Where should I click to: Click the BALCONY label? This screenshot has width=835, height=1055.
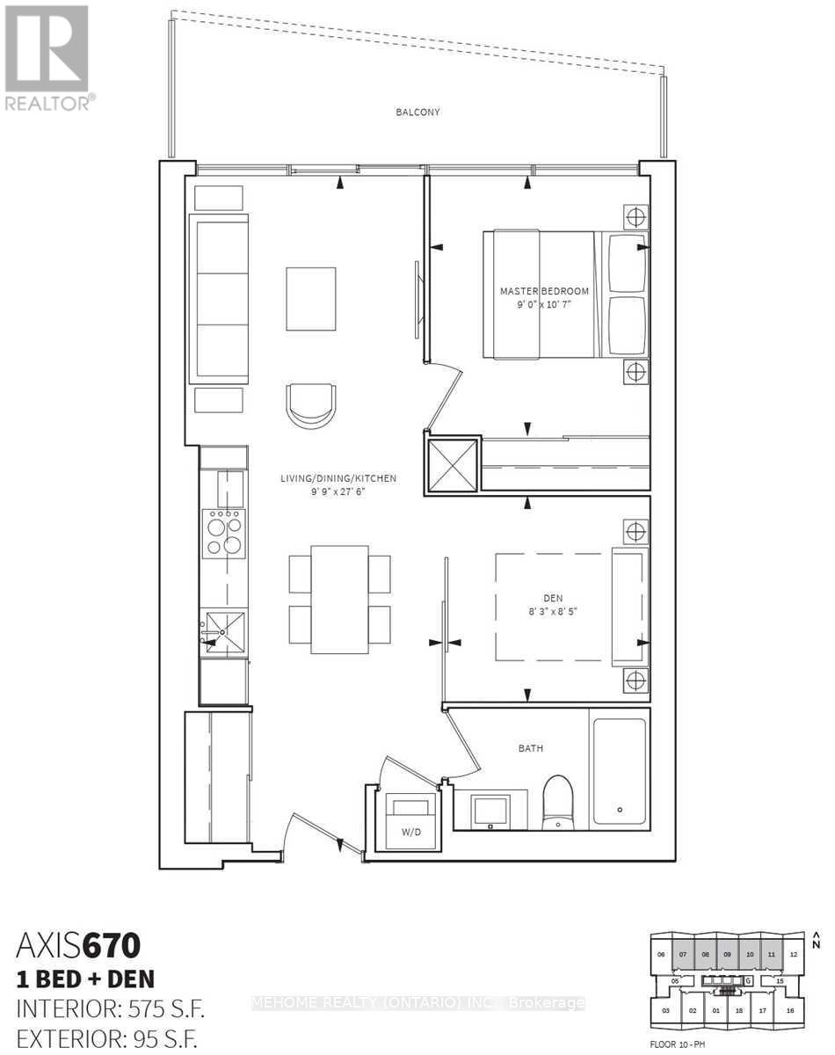(417, 113)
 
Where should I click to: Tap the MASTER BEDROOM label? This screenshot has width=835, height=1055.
(544, 291)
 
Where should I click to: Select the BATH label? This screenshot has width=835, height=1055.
(530, 748)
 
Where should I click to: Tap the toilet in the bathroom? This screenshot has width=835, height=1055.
(556, 801)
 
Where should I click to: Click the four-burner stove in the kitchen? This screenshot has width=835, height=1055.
(223, 534)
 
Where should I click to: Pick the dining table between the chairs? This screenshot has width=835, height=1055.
(340, 599)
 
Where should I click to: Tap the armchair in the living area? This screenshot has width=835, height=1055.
(310, 404)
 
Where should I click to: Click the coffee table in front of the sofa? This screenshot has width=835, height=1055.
(311, 299)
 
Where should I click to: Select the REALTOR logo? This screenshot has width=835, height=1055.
(47, 57)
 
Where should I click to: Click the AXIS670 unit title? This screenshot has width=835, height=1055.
(79, 947)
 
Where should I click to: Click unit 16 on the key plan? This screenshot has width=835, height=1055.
(789, 1011)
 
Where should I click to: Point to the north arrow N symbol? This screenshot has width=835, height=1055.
(817, 940)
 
